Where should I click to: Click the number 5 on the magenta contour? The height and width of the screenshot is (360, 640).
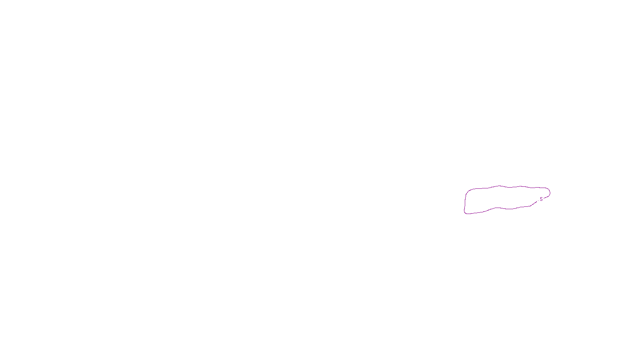click(x=541, y=199)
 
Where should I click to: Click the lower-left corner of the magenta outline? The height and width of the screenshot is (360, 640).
click(x=465, y=213)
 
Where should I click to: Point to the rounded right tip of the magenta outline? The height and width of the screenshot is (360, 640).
click(x=550, y=193)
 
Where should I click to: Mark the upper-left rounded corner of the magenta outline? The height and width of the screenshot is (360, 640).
click(x=467, y=192)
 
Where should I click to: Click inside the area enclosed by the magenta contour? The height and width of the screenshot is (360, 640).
click(x=504, y=198)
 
